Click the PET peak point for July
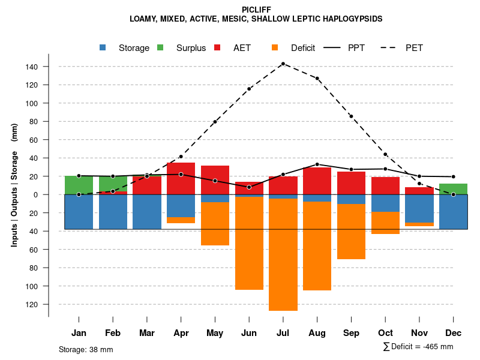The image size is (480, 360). [x=283, y=64]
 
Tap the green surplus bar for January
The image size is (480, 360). [x=79, y=185]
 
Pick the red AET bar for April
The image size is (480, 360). [x=181, y=179]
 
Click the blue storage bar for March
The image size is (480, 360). [x=147, y=212]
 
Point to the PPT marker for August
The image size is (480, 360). [x=317, y=164]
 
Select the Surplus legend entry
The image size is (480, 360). [x=182, y=48]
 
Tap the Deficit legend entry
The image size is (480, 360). [x=294, y=48]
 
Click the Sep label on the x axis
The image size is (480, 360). [x=351, y=333]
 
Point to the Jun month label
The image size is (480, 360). [x=249, y=333]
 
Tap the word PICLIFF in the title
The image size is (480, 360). [x=256, y=10]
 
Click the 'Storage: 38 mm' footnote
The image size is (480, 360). [x=86, y=349]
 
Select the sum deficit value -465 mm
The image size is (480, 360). [x=418, y=347]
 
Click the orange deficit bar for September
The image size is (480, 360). [x=351, y=232]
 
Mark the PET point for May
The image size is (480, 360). [x=215, y=122]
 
